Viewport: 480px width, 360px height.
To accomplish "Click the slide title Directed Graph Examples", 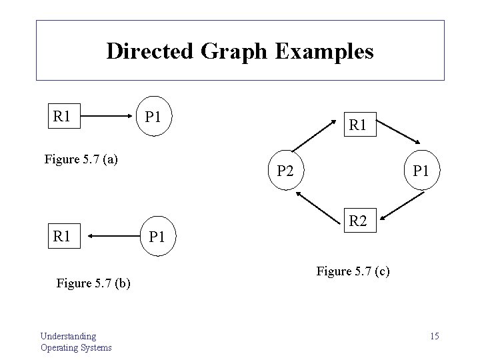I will coord(240,51).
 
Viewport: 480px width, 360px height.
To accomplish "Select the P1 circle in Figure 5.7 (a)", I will coord(153,118).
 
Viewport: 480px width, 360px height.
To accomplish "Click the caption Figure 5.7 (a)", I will coord(81,159).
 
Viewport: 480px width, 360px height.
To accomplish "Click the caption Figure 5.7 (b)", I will coord(93,283).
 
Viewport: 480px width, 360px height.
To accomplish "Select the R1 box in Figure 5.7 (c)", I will coord(358,124).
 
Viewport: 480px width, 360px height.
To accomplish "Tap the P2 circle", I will coord(285,171).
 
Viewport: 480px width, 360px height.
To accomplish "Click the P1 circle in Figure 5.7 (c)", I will coord(421,171).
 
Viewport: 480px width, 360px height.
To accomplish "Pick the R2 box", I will coord(358,220).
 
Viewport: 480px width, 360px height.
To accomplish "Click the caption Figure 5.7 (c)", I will coord(353,271).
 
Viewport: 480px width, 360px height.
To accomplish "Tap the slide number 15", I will coord(434,335).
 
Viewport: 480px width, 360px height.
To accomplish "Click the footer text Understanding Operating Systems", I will coord(76,341).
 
